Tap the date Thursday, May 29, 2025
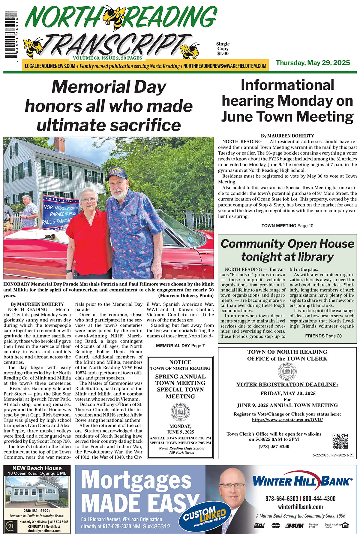click(x=313, y=63)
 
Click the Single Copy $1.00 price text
click(x=223, y=49)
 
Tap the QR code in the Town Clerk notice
click(x=340, y=441)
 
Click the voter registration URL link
click(x=287, y=420)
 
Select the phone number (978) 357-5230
click(x=274, y=446)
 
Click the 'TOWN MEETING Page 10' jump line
click(x=287, y=226)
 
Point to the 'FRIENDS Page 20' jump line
click(x=323, y=336)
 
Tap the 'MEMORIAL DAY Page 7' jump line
click(x=180, y=346)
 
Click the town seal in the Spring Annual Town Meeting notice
click(x=180, y=412)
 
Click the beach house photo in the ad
click(x=37, y=492)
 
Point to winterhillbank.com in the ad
click(x=300, y=507)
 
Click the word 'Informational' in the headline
click(x=287, y=85)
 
